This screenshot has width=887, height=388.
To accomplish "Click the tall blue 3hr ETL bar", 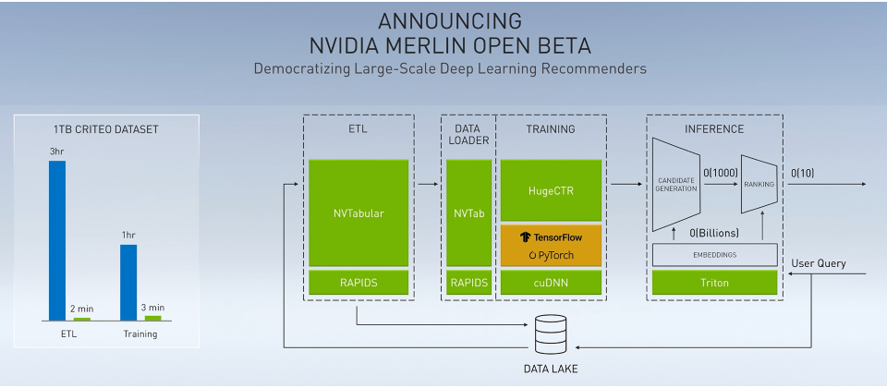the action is pos(57,241).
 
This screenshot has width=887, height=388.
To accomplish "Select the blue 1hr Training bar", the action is pos(128,283).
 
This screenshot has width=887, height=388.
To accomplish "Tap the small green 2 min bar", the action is pos(82,319).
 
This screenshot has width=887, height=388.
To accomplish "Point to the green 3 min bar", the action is pos(152,318).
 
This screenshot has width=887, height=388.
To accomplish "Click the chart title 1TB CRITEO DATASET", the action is pos(106,129).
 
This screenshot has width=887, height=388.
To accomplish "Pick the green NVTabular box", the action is pos(358,212).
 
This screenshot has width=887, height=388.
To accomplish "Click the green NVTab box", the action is pos(469,212).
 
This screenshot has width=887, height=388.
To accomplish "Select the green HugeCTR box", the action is pos(551,190).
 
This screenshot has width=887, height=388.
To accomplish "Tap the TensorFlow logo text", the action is pos(551,237).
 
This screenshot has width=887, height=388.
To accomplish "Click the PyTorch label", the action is pos(551,255).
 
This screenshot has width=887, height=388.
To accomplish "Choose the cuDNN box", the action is pos(551,283).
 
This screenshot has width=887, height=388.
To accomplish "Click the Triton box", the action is pos(715,283).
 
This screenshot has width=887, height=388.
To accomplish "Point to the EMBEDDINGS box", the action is pos(715,255).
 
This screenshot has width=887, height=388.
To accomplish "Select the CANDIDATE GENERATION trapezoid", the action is pos(676,185).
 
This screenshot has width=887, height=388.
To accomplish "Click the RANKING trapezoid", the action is pos(759,185).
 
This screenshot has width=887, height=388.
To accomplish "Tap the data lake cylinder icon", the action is pos(551,334).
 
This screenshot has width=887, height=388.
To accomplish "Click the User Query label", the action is pos(819,263).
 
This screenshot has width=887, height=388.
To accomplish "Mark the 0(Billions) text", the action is pos(714,233).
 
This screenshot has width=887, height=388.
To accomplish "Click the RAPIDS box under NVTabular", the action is pos(358,283).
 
